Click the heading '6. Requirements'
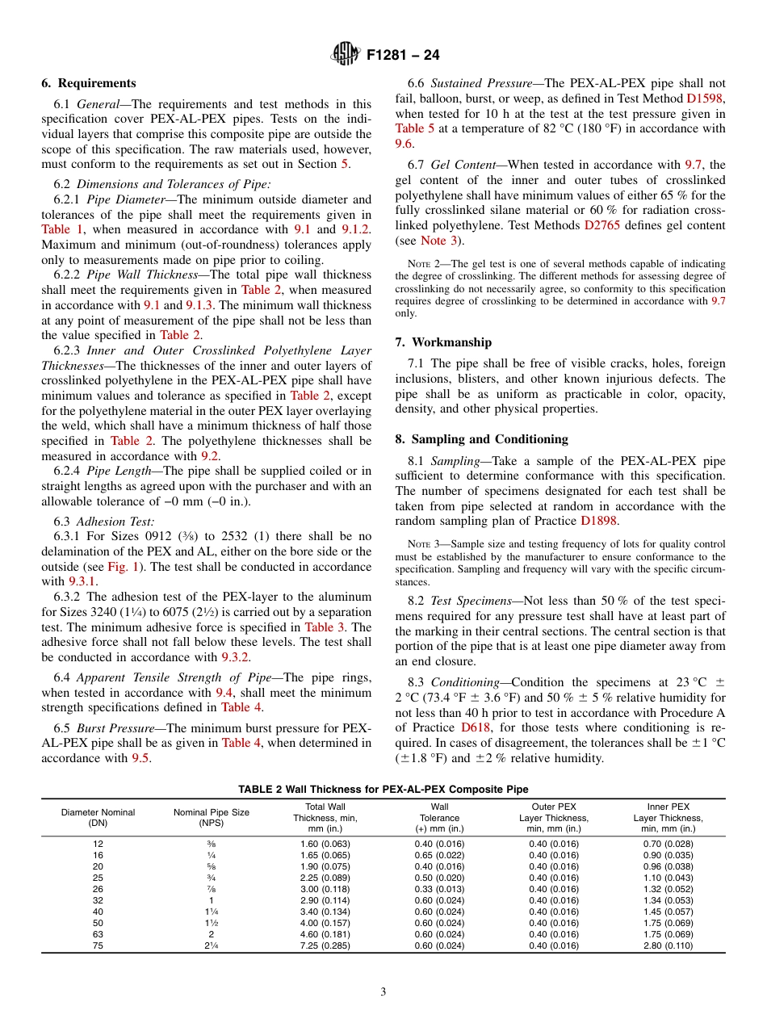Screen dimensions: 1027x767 pos(89,83)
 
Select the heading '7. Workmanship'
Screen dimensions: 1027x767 pos(443,342)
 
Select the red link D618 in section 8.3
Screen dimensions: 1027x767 pos(476,727)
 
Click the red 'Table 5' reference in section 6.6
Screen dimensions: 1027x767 pos(415,128)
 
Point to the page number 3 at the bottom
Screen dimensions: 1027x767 pos(383,991)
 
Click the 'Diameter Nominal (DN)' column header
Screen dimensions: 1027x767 pos(98,817)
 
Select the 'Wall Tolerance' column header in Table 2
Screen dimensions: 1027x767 pos(439,817)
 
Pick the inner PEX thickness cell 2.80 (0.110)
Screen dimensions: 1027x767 pos(669,945)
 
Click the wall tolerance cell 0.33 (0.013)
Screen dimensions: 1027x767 pos(439,888)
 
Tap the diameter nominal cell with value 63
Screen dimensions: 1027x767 pos(98,934)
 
